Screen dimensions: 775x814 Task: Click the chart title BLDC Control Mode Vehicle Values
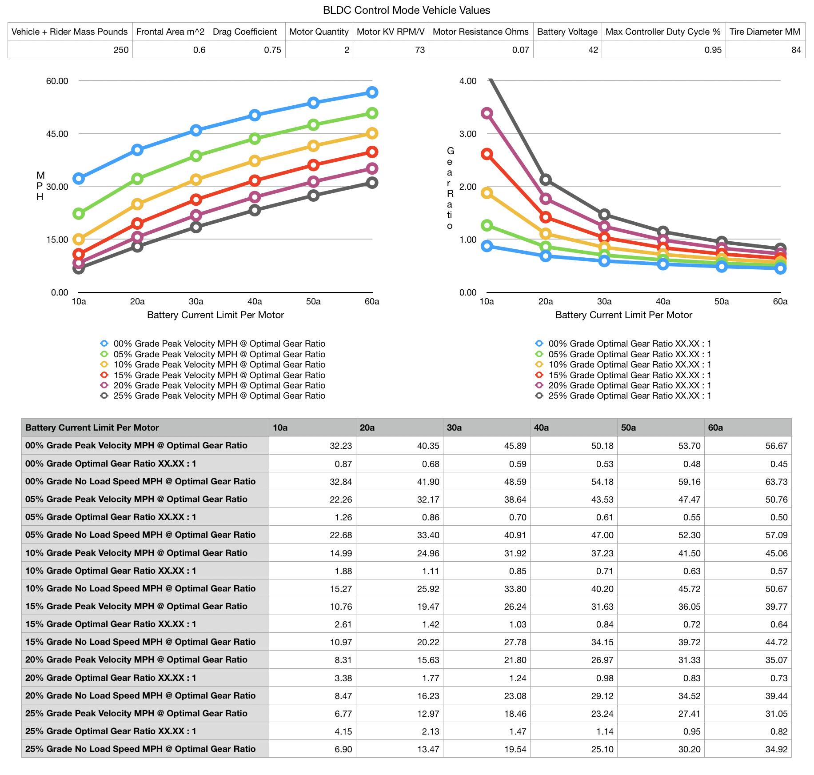pyautogui.click(x=406, y=10)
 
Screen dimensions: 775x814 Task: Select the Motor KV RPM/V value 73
pyautogui.click(x=419, y=50)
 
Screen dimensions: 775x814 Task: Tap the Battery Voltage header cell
pyautogui.click(x=567, y=32)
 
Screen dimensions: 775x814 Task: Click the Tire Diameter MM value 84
pyautogui.click(x=796, y=50)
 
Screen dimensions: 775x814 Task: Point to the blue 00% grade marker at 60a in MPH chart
pyautogui.click(x=372, y=92)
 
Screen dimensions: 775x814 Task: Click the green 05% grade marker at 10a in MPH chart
pyautogui.click(x=79, y=214)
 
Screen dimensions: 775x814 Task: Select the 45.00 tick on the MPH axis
pyautogui.click(x=57, y=134)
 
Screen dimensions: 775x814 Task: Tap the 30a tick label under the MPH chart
pyautogui.click(x=196, y=301)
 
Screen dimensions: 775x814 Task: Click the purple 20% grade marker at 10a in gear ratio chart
pyautogui.click(x=487, y=113)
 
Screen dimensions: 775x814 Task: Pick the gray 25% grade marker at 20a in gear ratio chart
pyautogui.click(x=546, y=180)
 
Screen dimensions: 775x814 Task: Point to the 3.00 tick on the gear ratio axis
pyautogui.click(x=467, y=134)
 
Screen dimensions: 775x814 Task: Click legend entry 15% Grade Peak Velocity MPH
pyautogui.click(x=219, y=375)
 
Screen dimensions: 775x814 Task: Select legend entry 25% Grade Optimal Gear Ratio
pyautogui.click(x=630, y=395)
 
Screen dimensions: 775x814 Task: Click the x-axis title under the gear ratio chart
pyautogui.click(x=623, y=315)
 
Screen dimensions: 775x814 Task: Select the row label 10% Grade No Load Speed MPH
pyautogui.click(x=140, y=588)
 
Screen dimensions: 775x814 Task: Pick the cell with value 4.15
pyautogui.click(x=343, y=731)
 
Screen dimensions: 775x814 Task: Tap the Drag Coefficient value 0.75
pyautogui.click(x=272, y=50)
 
